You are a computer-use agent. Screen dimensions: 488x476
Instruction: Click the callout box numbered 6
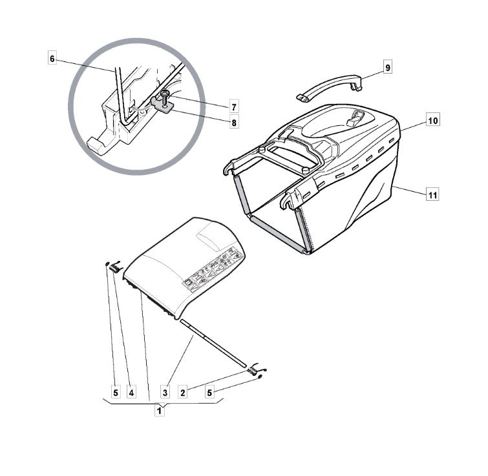(52, 59)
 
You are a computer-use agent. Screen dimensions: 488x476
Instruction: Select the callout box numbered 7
(234, 107)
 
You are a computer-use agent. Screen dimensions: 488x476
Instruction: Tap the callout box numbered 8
(234, 123)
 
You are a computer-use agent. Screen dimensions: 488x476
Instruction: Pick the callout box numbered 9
(387, 67)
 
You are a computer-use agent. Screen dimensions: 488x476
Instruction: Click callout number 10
(433, 120)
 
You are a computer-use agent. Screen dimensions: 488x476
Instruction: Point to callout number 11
(433, 195)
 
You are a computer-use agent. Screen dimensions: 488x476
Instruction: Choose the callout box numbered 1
(160, 410)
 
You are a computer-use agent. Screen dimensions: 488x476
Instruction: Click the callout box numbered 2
(183, 393)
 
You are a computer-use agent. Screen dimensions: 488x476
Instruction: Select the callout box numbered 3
(165, 393)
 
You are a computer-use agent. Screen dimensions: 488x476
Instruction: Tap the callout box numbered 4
(131, 393)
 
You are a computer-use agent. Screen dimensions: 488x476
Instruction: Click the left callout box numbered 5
(116, 393)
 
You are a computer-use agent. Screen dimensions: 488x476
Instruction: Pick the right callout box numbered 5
(209, 393)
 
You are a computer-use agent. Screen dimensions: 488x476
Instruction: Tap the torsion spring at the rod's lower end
(256, 369)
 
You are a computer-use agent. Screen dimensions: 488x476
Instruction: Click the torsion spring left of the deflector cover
(116, 267)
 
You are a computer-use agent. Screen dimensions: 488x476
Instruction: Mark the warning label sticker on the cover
(213, 269)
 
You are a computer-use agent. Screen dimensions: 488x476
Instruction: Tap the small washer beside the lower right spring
(260, 377)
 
